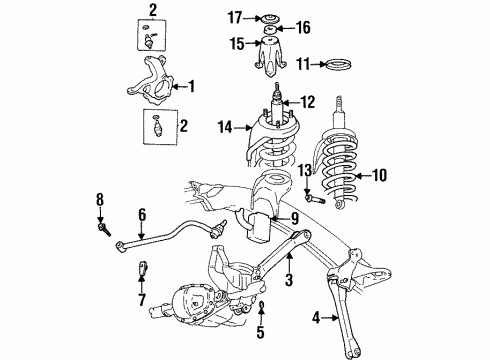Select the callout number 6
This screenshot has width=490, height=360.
point(143,213)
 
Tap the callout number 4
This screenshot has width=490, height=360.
point(319,319)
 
